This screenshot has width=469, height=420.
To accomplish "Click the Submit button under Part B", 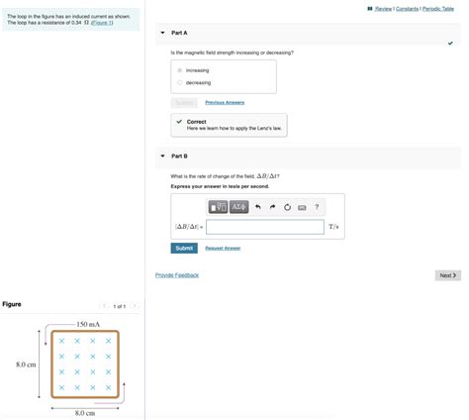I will click(x=184, y=248).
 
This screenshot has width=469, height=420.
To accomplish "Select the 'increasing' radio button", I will click(x=179, y=70).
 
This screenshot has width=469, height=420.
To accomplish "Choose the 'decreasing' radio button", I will click(x=179, y=82).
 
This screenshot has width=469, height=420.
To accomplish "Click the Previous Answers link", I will click(x=225, y=103).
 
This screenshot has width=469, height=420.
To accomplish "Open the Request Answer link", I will click(x=223, y=248).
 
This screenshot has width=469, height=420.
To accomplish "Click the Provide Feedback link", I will click(x=177, y=274).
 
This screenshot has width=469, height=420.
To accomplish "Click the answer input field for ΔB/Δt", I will click(x=265, y=227).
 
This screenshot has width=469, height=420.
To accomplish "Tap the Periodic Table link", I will click(x=437, y=9).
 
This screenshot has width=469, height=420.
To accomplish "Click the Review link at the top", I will click(x=379, y=9).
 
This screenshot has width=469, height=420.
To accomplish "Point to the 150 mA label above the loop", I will click(x=88, y=324).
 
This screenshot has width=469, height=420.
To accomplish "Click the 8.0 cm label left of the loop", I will click(x=26, y=365).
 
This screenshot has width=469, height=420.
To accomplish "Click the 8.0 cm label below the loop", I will click(x=85, y=412).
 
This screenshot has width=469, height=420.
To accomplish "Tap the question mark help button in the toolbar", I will click(x=317, y=207).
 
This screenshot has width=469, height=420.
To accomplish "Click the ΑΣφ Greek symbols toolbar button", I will click(x=239, y=207).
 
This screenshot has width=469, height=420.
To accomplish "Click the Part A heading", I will click(x=179, y=33).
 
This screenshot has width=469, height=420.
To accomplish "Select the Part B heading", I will click(x=179, y=156).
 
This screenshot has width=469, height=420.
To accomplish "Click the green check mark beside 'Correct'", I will click(x=179, y=122).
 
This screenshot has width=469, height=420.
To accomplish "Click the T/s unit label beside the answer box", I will click(x=334, y=227).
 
